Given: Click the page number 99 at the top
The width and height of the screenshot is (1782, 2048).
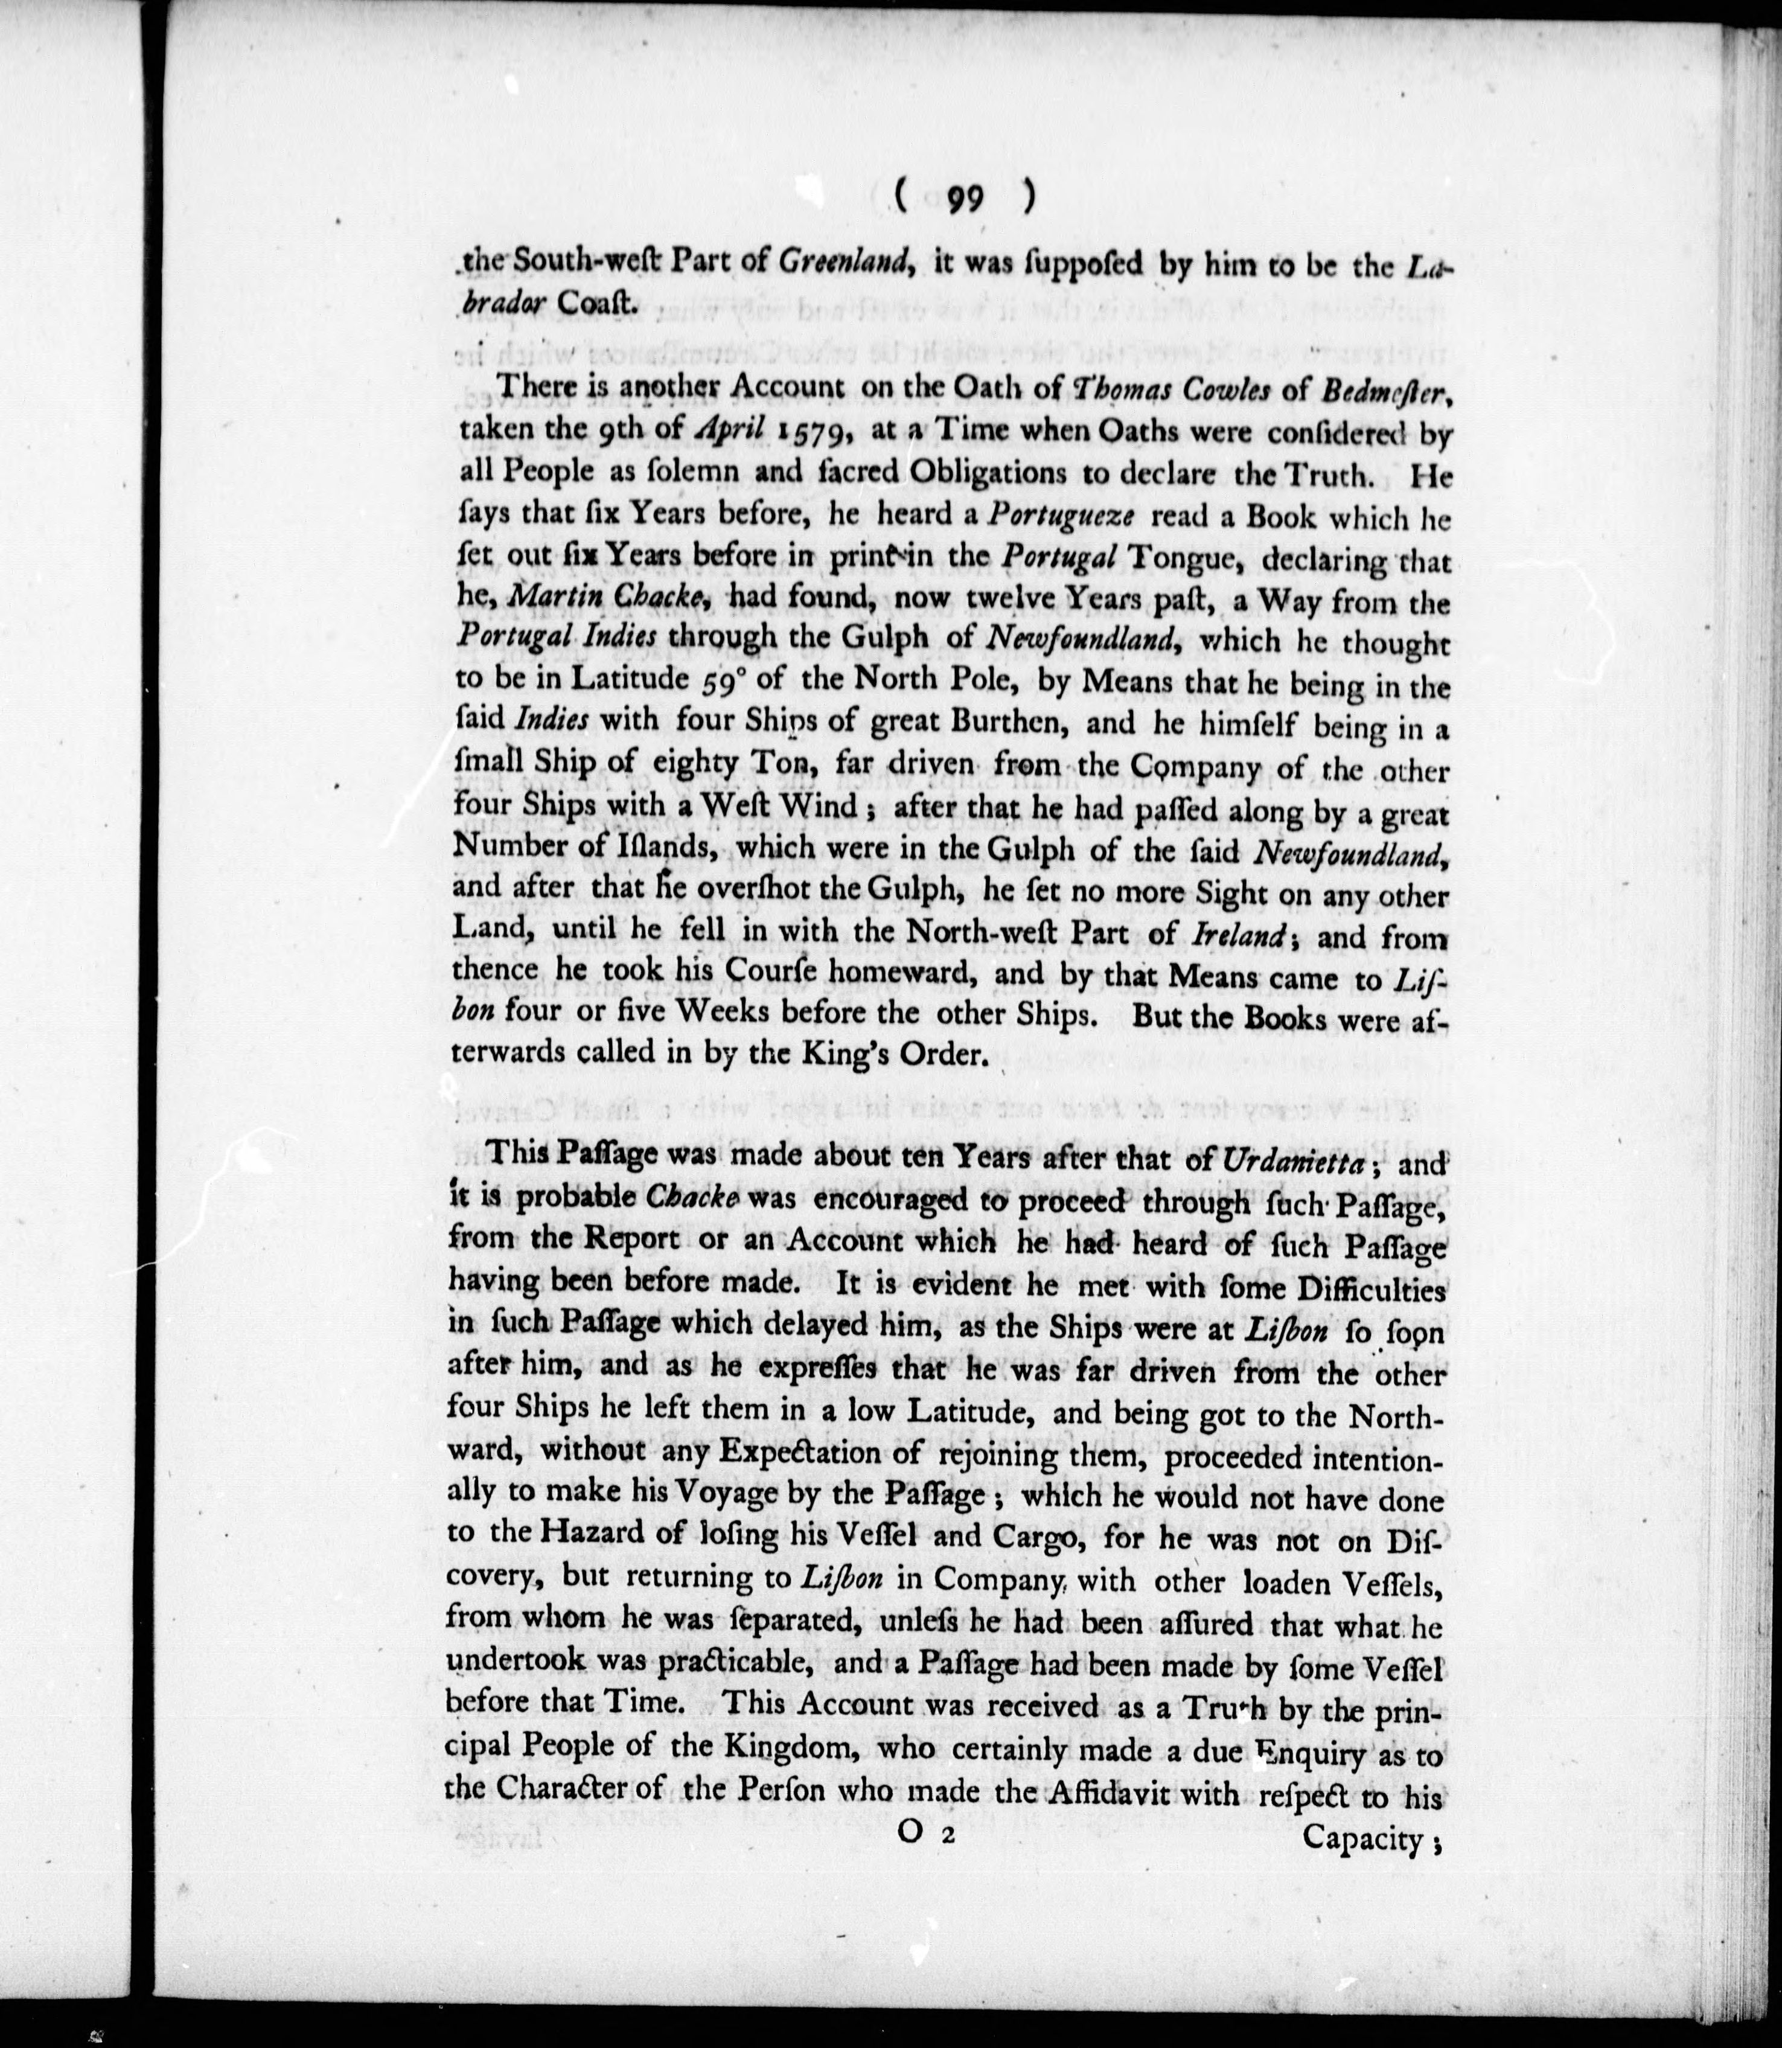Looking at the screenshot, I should [x=963, y=200].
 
